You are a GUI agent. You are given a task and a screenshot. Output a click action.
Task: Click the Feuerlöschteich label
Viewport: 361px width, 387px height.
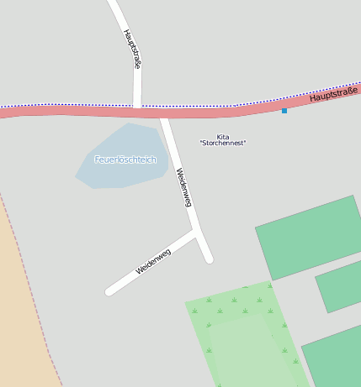(x=125, y=160)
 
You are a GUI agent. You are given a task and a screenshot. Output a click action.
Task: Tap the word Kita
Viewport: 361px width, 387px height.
(x=223, y=137)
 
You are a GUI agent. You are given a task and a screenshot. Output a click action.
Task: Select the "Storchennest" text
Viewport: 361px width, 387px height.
(x=223, y=144)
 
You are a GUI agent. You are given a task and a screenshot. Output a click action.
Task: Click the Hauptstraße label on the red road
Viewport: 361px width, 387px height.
(x=333, y=94)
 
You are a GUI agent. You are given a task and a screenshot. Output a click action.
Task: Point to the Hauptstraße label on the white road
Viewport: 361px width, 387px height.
(x=132, y=49)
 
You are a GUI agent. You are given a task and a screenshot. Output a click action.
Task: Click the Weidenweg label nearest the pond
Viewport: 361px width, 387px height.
(x=184, y=187)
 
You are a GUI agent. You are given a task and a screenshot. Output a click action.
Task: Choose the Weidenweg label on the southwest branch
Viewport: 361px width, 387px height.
(x=153, y=262)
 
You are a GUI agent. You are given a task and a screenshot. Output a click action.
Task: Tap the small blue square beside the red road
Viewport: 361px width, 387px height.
(x=284, y=111)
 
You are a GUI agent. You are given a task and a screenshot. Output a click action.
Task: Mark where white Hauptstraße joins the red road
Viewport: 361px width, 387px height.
(x=137, y=108)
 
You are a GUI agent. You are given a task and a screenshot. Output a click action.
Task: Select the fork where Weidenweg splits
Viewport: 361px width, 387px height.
(x=197, y=230)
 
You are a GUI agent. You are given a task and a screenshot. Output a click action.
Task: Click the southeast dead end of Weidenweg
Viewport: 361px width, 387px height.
(x=209, y=259)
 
